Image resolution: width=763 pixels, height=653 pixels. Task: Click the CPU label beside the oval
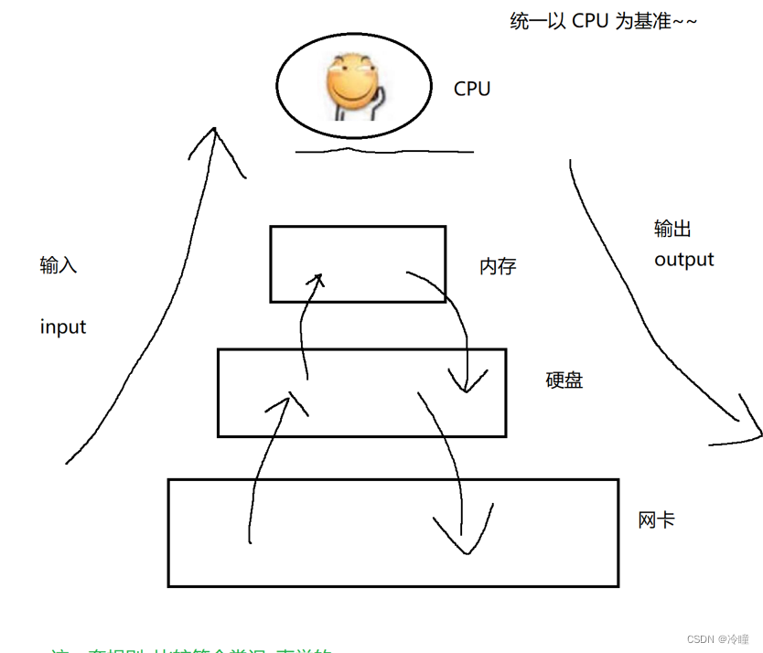click(472, 89)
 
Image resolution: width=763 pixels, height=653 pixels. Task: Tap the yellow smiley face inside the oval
click(351, 82)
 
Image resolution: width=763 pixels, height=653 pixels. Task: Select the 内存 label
click(498, 267)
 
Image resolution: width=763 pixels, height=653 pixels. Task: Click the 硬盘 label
click(564, 380)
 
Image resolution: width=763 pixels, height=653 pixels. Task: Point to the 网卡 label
click(657, 519)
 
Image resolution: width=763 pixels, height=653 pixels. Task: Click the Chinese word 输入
click(59, 265)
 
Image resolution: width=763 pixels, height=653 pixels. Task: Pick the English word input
click(63, 326)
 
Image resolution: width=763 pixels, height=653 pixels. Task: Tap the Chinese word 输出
click(672, 229)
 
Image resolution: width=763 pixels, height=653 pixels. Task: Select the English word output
click(683, 260)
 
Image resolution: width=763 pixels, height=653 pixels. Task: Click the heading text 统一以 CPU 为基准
click(603, 21)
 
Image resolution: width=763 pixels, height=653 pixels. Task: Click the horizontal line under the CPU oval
click(384, 151)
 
